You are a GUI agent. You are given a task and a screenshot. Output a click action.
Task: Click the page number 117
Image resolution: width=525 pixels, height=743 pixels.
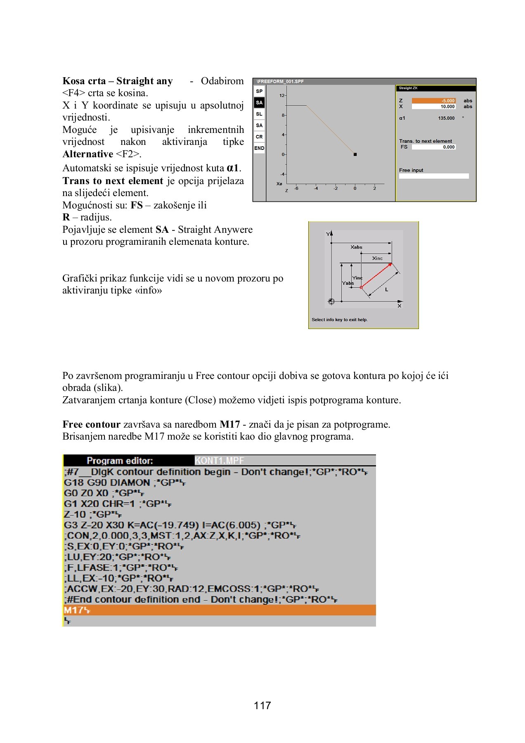[x=262, y=705]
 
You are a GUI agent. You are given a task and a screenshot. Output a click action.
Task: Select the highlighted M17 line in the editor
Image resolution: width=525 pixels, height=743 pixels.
[x=219, y=610]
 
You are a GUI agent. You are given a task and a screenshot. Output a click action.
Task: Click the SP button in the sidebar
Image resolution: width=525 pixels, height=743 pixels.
[x=259, y=91]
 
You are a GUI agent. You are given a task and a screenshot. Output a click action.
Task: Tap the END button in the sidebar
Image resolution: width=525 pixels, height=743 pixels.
[x=259, y=148]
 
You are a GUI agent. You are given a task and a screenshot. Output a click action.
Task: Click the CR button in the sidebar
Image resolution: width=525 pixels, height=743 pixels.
[x=259, y=137]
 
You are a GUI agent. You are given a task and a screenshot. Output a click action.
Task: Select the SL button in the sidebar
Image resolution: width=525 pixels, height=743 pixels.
[x=259, y=114]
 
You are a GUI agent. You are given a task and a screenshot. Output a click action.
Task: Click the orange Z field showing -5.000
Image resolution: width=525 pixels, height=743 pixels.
[x=433, y=101]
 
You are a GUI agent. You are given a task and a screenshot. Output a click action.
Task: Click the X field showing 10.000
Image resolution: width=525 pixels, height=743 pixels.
[x=433, y=106]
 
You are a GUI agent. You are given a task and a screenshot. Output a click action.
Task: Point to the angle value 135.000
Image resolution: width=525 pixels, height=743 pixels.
[x=446, y=118]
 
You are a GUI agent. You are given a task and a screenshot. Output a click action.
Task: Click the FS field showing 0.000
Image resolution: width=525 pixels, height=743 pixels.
[x=433, y=147]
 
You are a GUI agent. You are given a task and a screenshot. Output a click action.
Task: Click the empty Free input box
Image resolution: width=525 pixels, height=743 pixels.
[x=433, y=176]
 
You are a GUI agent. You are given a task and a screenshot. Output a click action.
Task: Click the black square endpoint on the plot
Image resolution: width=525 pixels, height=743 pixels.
[x=355, y=154]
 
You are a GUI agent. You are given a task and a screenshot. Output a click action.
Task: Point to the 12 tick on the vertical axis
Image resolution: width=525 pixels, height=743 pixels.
[x=282, y=95]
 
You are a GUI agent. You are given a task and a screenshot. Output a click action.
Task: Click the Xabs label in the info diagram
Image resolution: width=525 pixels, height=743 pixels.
[x=356, y=247]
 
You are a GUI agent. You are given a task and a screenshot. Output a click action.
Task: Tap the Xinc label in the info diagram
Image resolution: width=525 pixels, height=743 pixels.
[x=377, y=258]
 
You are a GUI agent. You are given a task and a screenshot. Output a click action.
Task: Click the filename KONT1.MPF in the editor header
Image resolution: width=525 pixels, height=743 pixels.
[x=220, y=461]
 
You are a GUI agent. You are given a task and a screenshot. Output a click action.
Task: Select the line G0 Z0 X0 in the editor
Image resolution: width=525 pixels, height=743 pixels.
[x=103, y=493]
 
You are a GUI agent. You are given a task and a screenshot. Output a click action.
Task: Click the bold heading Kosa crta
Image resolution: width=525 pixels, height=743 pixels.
[x=84, y=81]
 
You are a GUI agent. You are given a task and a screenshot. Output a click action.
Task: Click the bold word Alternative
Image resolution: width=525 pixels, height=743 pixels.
[x=87, y=154]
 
